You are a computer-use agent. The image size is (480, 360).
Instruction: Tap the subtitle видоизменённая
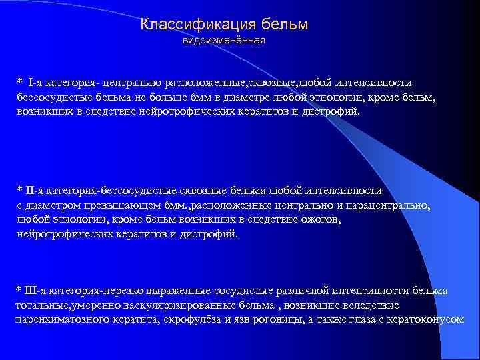click(x=224, y=41)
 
